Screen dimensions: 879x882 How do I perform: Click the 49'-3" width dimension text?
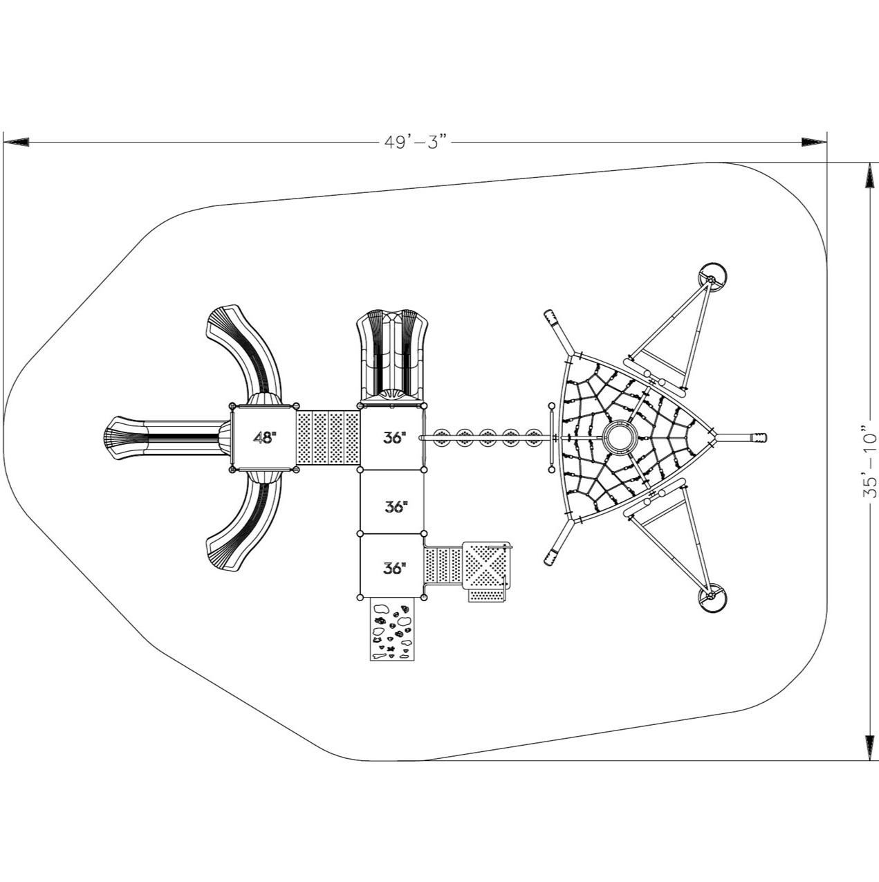415,143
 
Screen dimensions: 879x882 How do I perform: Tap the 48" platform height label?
266,438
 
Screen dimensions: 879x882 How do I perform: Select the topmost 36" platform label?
396,438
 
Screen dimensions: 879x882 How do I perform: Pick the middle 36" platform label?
396,506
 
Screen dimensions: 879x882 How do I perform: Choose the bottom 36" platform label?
396,569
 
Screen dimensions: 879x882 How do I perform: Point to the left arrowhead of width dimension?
17,143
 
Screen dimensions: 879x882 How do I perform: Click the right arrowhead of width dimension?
813,143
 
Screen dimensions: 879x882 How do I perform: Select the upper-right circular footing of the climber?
712,278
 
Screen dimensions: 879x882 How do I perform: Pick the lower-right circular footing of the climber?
712,598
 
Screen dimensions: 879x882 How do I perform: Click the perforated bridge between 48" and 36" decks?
329,438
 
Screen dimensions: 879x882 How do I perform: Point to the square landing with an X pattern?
485,566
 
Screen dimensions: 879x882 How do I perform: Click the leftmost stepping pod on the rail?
442,438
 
